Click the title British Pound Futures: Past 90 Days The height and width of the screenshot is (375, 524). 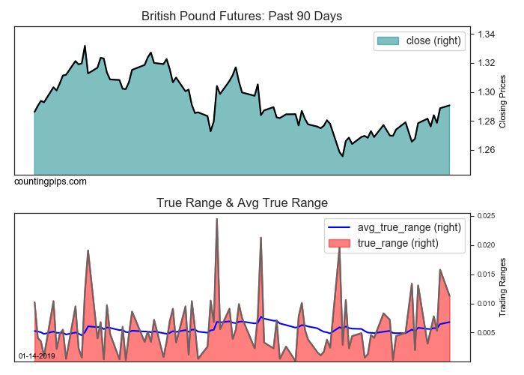click(x=242, y=16)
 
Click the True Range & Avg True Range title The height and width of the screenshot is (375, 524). click(x=242, y=202)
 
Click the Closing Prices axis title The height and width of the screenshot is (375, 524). click(x=503, y=101)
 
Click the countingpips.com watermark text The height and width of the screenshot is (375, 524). click(x=50, y=181)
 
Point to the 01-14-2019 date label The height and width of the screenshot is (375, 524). click(x=37, y=355)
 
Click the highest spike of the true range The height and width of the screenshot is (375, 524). click(x=216, y=219)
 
